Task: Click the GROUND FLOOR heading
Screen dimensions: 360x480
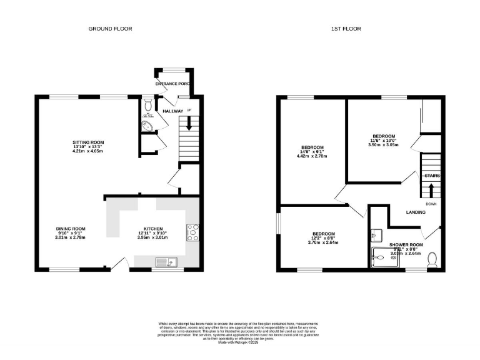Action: pyautogui.click(x=110, y=29)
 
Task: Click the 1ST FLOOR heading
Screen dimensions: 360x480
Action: pyautogui.click(x=346, y=29)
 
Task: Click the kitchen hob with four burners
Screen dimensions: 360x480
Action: pyautogui.click(x=192, y=232)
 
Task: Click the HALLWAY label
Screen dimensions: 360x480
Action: pyautogui.click(x=173, y=111)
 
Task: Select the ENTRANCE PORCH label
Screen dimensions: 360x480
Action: pyautogui.click(x=173, y=83)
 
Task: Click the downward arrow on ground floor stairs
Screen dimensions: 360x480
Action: pyautogui.click(x=189, y=125)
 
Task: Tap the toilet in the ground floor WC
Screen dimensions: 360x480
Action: pyautogui.click(x=147, y=104)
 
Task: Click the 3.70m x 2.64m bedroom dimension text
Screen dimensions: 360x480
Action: pyautogui.click(x=323, y=242)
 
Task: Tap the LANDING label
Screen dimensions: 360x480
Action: pyautogui.click(x=416, y=212)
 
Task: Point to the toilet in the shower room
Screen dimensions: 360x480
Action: pyautogui.click(x=432, y=259)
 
